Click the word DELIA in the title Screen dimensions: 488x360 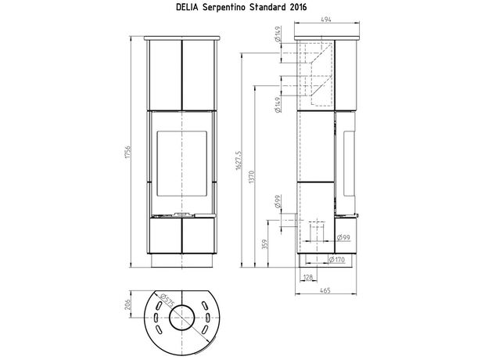tap(188, 7)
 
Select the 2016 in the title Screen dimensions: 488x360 tap(298, 7)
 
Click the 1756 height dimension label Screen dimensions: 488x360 tap(127, 152)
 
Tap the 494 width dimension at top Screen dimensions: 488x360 tap(326, 19)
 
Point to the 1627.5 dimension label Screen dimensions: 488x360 tap(239, 160)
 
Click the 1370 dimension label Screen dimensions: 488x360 tap(252, 177)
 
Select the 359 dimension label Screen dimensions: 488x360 tap(265, 244)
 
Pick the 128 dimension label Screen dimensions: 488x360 tap(308, 277)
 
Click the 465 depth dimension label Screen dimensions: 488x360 tap(325, 290)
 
